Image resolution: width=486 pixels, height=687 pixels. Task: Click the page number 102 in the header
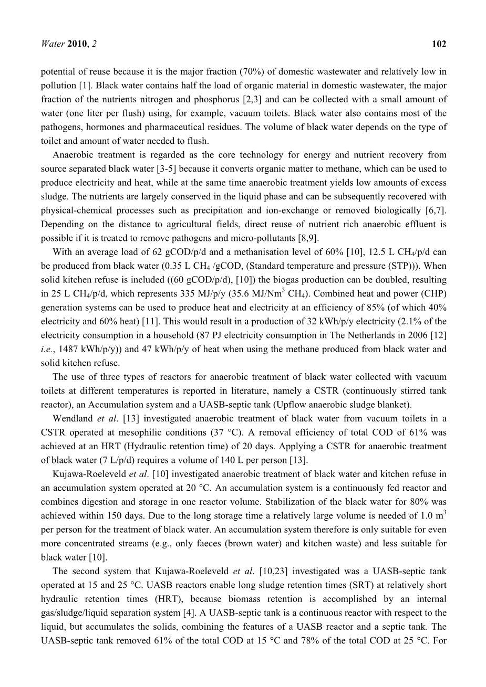(x=439, y=44)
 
